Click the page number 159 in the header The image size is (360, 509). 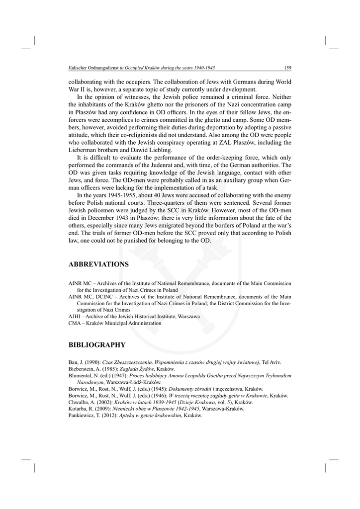coord(287,68)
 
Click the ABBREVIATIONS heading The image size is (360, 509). coord(98,264)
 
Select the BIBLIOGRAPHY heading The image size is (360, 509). coord(97,344)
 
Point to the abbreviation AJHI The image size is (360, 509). coord(74,316)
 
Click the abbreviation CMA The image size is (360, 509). coord(74,323)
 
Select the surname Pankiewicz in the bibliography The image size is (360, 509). coord(80,415)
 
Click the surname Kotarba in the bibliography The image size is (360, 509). coord(77,409)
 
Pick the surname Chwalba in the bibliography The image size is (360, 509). coord(78,402)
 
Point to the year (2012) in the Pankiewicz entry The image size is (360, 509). coord(107,415)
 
